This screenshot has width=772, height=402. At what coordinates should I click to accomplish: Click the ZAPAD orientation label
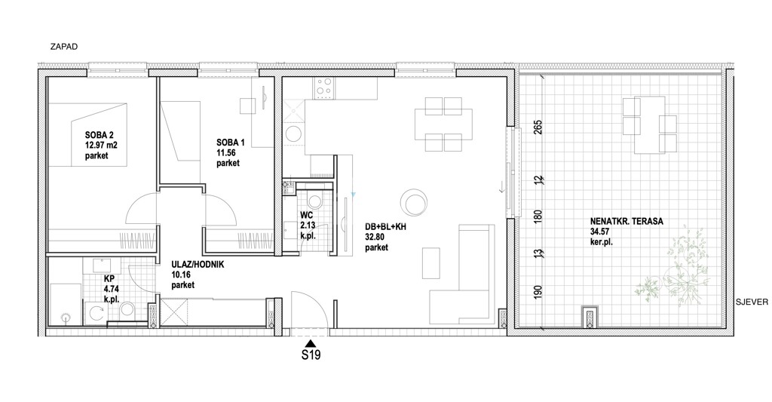coord(65,47)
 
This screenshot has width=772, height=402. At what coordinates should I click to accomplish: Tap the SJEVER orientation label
coord(752,302)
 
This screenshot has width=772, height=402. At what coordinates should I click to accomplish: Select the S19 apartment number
coord(311,354)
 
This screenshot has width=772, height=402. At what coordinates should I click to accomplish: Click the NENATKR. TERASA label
coord(627,222)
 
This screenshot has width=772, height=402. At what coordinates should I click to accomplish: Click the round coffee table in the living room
coord(413,201)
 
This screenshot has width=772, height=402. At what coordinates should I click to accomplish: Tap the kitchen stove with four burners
coord(324,87)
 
